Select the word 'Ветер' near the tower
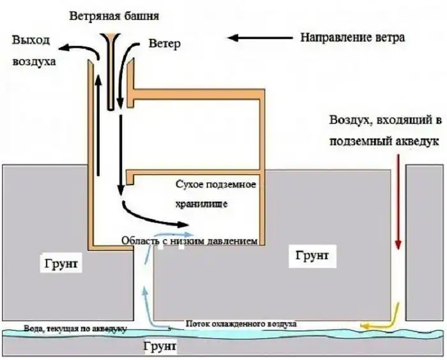coord(165,45)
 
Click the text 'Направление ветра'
coord(352,37)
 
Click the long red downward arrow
coord(398,204)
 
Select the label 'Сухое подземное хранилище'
coord(215,194)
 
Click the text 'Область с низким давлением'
coord(189,241)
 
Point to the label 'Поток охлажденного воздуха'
coord(241,324)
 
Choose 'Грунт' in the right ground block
coord(312,256)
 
